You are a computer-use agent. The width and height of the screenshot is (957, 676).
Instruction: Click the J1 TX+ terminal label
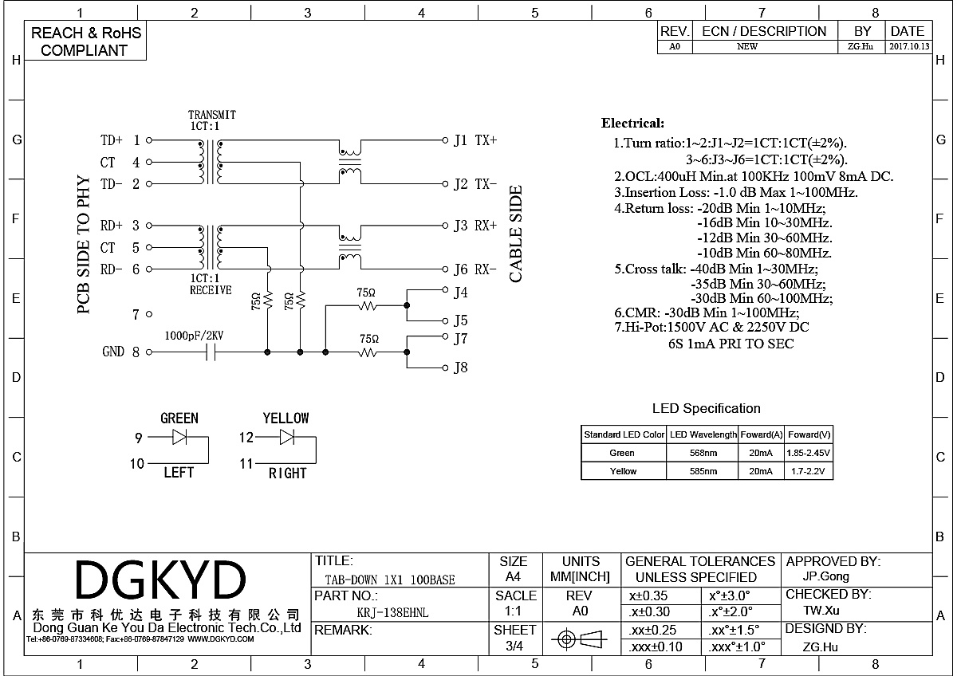click(475, 140)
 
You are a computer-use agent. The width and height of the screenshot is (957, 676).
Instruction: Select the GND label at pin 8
click(113, 352)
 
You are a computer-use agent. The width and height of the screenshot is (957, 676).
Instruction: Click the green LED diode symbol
click(179, 437)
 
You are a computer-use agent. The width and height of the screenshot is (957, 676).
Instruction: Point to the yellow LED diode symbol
click(286, 437)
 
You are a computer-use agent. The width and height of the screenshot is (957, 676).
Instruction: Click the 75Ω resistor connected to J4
click(367, 305)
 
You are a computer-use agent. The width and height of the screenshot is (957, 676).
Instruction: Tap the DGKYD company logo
click(160, 580)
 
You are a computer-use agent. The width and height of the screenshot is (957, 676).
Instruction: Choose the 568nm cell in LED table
click(703, 453)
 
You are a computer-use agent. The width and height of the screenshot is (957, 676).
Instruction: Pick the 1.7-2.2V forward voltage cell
click(809, 471)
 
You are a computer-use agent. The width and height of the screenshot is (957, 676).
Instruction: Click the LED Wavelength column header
click(703, 434)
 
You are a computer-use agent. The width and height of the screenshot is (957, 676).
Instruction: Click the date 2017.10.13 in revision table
click(908, 47)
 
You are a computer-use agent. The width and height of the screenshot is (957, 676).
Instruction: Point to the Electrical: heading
click(632, 124)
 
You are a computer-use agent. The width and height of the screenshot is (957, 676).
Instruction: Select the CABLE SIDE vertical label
click(516, 234)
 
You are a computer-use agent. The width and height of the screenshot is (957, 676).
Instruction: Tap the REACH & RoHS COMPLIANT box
click(85, 41)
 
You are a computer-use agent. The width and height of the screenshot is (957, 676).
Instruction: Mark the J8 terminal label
click(460, 367)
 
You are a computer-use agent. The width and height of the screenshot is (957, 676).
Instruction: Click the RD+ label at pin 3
click(112, 226)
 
